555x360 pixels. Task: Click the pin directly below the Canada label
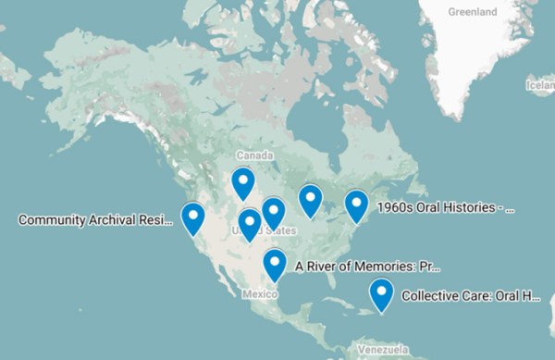tap(243, 182)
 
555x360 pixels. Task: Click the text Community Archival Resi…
tap(96, 220)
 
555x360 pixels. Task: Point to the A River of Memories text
tap(367, 267)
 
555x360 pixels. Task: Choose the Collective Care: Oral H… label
tap(471, 297)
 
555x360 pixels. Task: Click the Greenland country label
tap(473, 12)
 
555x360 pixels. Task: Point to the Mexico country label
tap(260, 294)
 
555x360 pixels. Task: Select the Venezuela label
tap(382, 352)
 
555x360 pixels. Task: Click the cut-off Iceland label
tap(541, 85)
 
